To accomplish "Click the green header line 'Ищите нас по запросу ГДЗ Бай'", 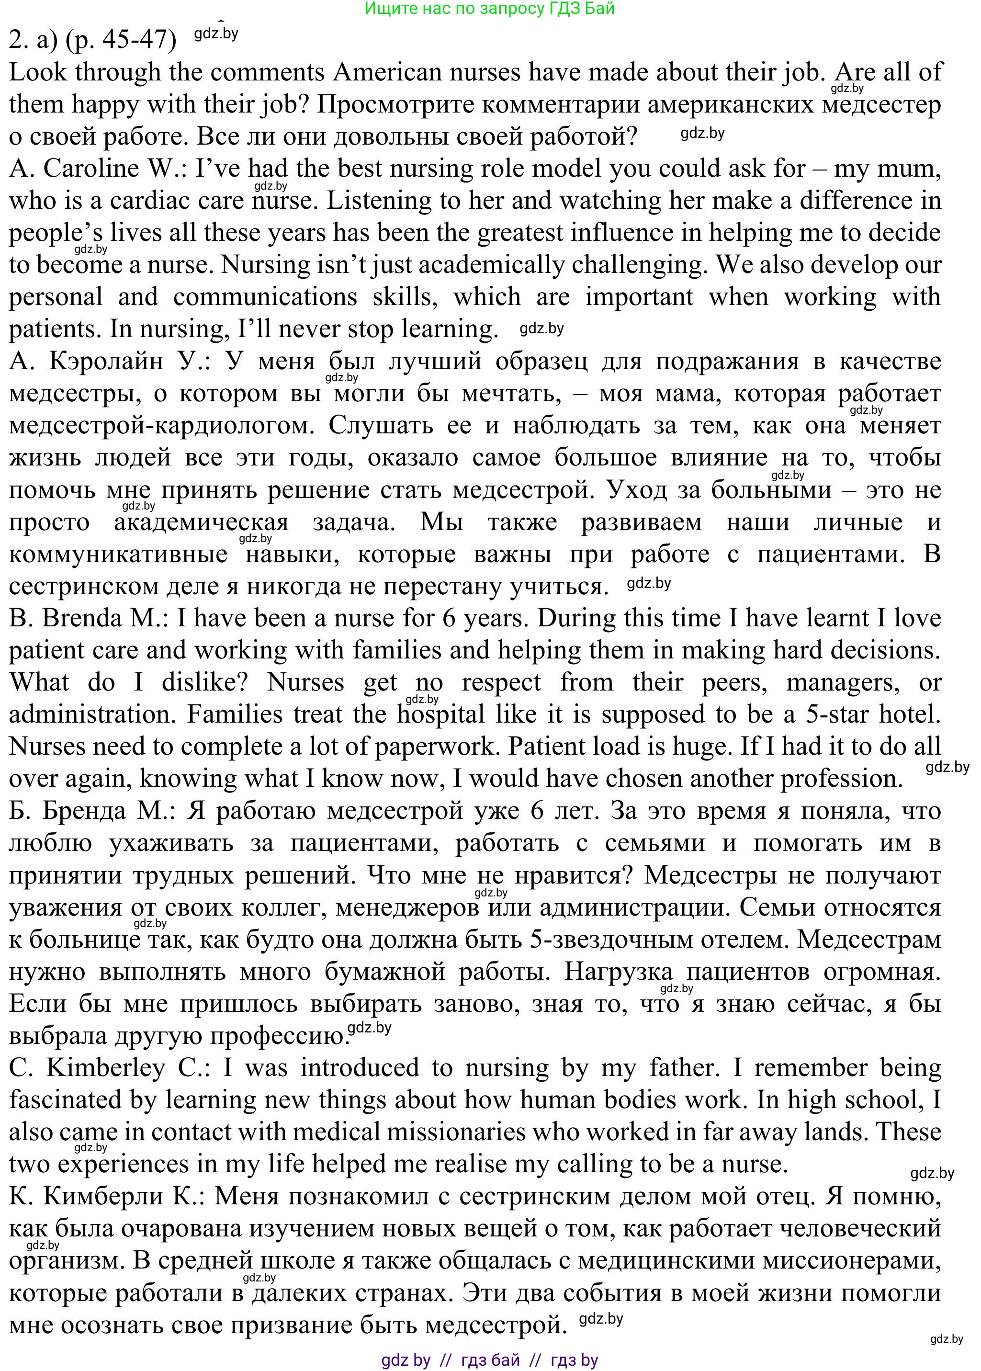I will (490, 9).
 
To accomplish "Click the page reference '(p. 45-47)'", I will (120, 40).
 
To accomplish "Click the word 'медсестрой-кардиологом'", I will (162, 425).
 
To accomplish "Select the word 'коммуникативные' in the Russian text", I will (118, 554).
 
